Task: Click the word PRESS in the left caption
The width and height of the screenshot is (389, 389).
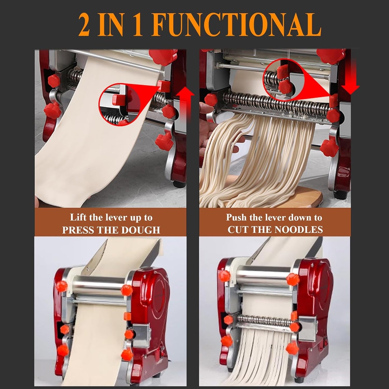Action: [x=78, y=230]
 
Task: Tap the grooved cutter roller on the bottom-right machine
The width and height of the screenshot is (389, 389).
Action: [x=265, y=319]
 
